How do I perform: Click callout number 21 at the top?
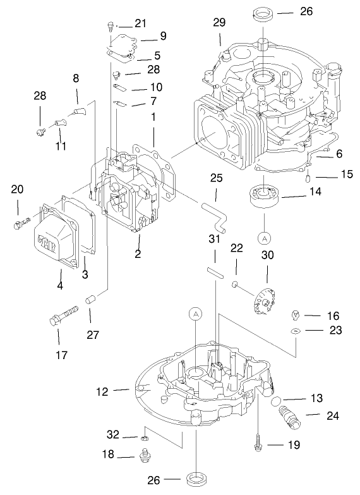(x=140, y=23)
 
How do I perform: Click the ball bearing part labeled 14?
(x=263, y=198)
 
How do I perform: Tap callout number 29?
(x=219, y=22)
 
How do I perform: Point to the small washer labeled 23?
(x=295, y=331)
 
